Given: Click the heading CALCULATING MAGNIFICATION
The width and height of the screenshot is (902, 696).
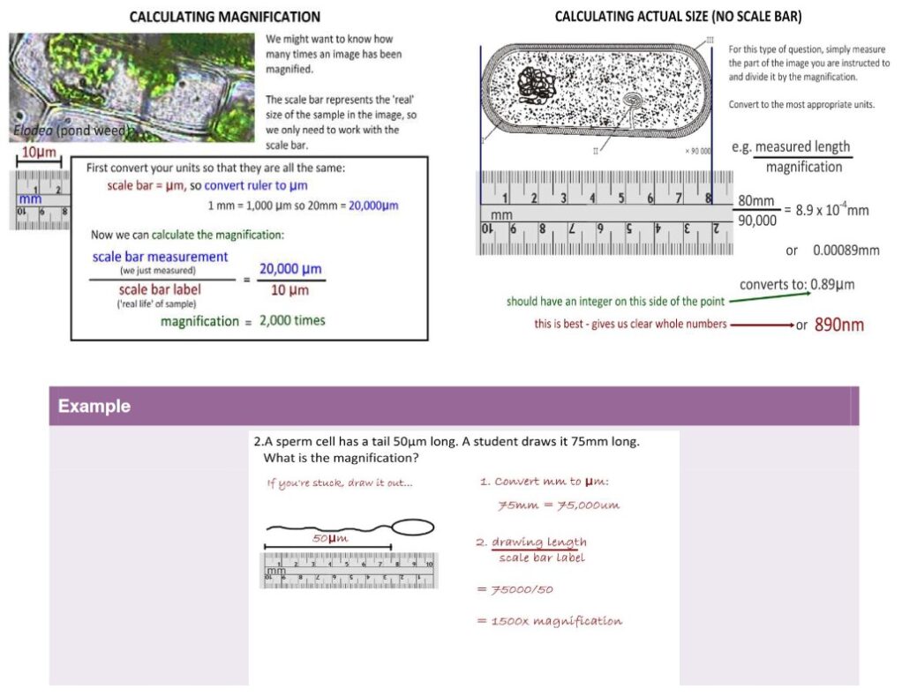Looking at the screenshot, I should coord(224,17).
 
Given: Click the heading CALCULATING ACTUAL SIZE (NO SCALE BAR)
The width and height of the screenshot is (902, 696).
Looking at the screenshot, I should coord(677,17).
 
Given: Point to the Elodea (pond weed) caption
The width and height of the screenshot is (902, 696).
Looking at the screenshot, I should coord(71,131).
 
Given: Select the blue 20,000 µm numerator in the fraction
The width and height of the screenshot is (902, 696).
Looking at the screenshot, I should coord(289,269).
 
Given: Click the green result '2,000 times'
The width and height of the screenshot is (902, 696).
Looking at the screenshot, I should coord(292,320).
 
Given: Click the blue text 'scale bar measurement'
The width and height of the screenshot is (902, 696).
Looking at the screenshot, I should coord(160,257).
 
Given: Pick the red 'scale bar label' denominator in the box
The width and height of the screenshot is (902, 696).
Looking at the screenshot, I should coord(160,289).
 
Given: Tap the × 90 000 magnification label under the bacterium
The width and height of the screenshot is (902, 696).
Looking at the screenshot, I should coord(697,151).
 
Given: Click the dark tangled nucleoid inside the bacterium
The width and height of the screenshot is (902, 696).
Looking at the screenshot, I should coord(537,87).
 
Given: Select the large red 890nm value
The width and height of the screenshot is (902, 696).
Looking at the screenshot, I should coord(838,325).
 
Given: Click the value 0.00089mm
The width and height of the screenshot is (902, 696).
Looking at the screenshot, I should coord(845,251).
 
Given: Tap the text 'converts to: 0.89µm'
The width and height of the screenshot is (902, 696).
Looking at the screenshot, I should coord(796,284).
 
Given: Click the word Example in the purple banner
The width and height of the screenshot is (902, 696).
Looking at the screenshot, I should coord(94,407).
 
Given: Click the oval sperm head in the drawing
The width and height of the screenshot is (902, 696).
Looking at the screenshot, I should coord(412,527).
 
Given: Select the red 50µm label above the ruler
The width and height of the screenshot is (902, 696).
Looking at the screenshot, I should coord(330,538).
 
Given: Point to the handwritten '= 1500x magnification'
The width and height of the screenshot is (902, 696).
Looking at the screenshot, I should coord(549,621).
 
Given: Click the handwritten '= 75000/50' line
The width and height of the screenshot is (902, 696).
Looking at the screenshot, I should coord(515,589).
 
